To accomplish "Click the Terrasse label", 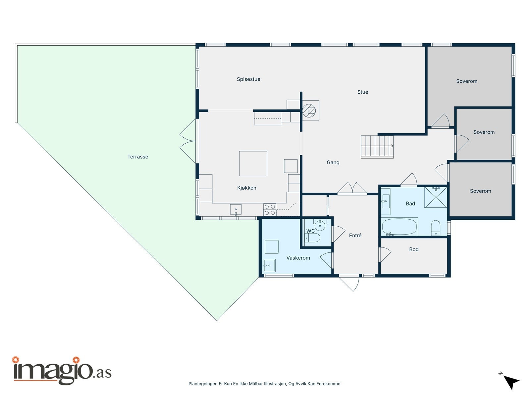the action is coord(137,157).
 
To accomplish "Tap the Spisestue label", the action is coord(248,79).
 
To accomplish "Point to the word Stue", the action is coord(363,92).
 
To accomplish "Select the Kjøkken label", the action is coord(246,188).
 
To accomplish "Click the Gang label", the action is coord(333,162).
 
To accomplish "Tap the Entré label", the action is coord(355,235).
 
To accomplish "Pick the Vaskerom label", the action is coord(298,258).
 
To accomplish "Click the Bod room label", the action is coord(414,249).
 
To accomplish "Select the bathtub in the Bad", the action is coord(399,227).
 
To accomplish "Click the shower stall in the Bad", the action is coord(436,197).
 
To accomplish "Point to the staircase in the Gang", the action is coord(377,147).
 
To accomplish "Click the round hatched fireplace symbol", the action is coord(309,110).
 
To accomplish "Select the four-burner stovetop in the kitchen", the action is coord(270,210).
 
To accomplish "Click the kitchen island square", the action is coord(253,163).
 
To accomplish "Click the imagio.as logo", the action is coord(62,370).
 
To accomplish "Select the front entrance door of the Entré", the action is coord(349,283).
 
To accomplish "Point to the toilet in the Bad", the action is coord(436,228).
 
